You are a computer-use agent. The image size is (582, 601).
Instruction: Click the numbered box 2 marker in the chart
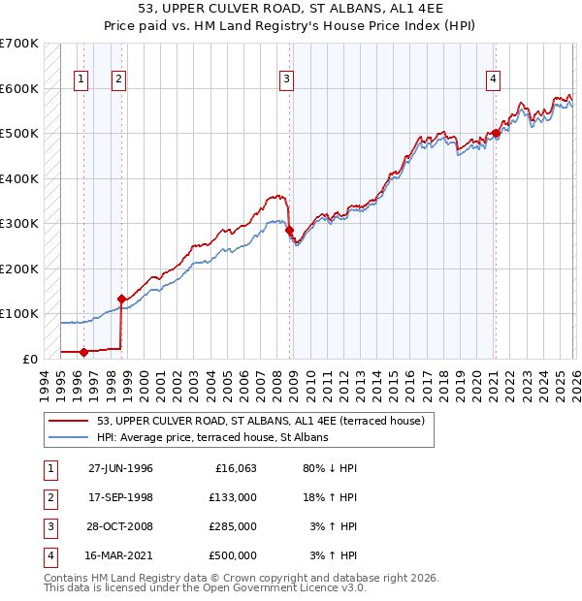[118, 79]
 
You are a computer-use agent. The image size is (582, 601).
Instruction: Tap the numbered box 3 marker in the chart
[287, 79]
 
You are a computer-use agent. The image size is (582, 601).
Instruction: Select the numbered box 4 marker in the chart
[494, 79]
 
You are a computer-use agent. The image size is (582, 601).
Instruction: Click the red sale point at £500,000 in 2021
[496, 134]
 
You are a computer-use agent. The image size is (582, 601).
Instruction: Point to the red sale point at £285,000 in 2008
[290, 230]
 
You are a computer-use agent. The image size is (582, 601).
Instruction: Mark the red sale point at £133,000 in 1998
[121, 299]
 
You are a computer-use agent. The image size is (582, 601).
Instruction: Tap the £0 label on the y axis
[29, 359]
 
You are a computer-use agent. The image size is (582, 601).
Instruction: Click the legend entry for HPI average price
[212, 437]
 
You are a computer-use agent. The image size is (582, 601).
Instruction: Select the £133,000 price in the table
[233, 497]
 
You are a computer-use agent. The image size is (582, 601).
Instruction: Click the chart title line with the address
[290, 8]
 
